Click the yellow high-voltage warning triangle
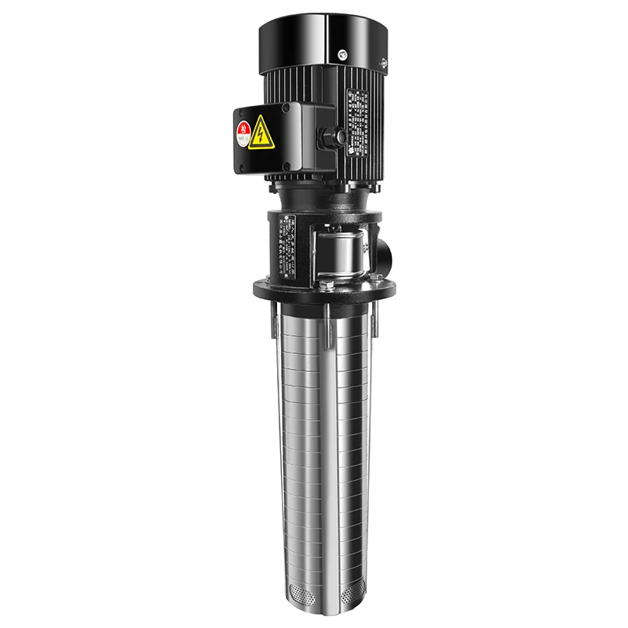261,133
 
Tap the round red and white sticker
244,130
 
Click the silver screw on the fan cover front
342,55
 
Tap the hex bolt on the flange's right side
377,276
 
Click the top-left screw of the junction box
242,111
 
